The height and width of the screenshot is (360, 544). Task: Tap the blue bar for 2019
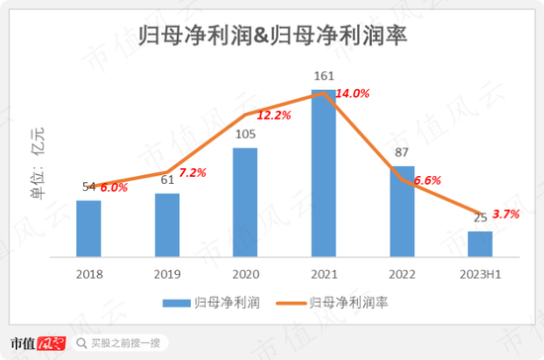167,225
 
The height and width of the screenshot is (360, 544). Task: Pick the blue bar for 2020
245,203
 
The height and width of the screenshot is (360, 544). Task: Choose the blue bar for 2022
402,212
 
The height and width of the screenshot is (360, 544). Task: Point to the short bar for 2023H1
480,244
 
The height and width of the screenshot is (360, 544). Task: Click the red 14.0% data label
352,94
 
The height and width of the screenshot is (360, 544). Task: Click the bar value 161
322,75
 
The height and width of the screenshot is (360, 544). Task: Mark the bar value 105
244,135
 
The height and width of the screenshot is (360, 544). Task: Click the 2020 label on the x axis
245,274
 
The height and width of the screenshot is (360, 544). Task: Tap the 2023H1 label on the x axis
480,274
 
